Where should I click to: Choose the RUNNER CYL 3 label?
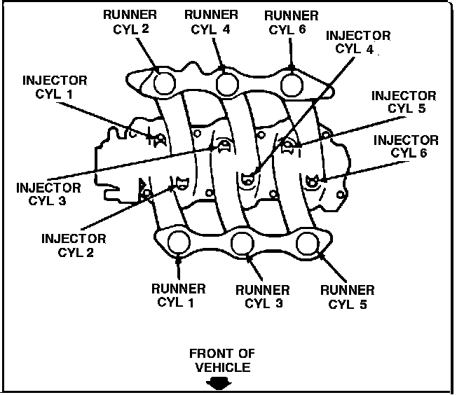262,296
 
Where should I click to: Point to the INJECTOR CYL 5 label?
404,102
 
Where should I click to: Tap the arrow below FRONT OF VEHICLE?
221,382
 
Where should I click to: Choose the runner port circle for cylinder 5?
307,244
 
